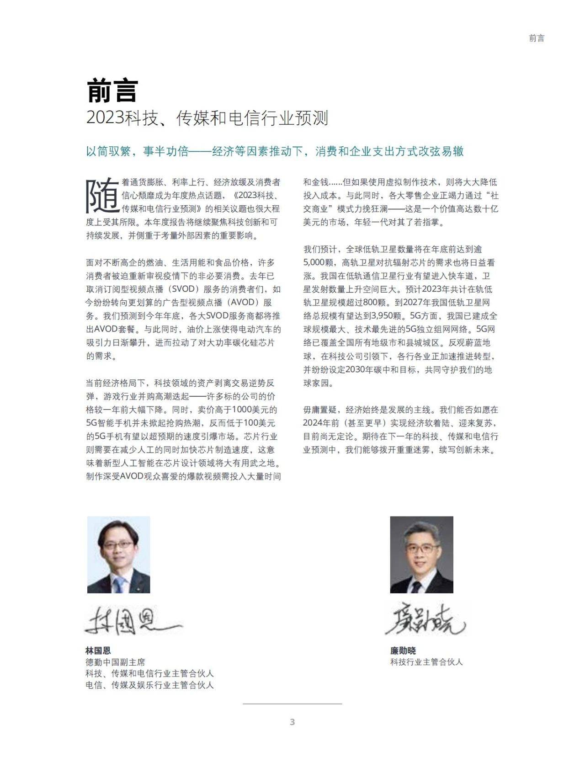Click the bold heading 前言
point(112,91)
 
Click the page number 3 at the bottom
point(292,722)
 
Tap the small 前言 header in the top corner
point(537,38)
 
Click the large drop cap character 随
point(102,196)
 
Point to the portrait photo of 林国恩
point(118,554)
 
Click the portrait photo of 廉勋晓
point(421,554)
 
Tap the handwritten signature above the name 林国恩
point(133,620)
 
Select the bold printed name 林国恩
point(98,650)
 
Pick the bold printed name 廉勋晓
point(403,650)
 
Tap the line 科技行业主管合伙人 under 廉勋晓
point(426,662)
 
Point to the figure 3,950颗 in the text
point(387,316)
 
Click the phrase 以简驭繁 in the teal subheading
point(109,151)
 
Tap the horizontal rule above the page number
point(292,704)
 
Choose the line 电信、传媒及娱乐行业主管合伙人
point(149,685)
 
